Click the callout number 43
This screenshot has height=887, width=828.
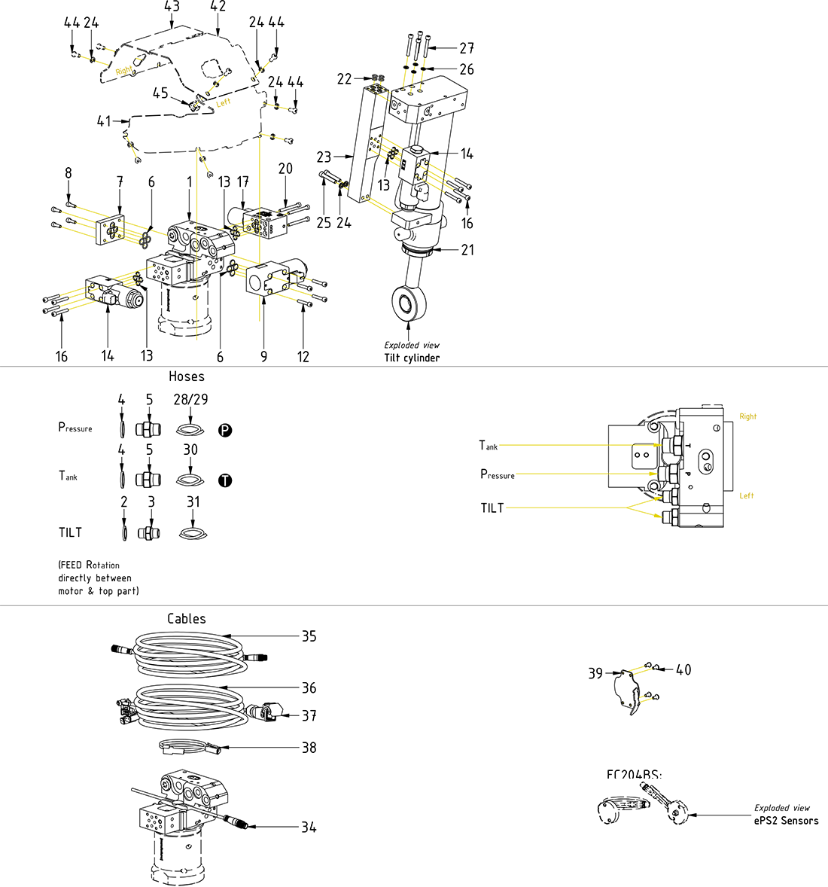[x=172, y=7]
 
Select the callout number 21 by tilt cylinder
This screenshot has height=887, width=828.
[x=467, y=249]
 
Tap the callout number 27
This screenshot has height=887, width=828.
[x=467, y=48]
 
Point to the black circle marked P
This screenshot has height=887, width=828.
[x=225, y=431]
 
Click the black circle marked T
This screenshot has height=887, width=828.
[x=225, y=480]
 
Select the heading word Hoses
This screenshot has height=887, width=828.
[x=187, y=376]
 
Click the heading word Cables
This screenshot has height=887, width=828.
[x=187, y=619]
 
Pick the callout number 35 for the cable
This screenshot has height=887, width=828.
[x=309, y=636]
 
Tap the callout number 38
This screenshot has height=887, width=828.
[x=309, y=748]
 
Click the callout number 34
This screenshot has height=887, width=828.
[x=309, y=827]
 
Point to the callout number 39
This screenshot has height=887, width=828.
[x=595, y=673]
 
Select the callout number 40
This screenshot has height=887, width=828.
[x=683, y=669]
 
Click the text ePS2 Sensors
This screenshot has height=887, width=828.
[x=786, y=821]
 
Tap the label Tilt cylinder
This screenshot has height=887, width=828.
[x=412, y=358]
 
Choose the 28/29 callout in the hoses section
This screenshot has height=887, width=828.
[x=190, y=399]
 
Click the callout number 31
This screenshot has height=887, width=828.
[x=193, y=501]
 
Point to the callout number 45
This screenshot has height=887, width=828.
[x=160, y=93]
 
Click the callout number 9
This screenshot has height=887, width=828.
[x=263, y=356]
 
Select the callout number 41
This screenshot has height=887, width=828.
[x=104, y=120]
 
